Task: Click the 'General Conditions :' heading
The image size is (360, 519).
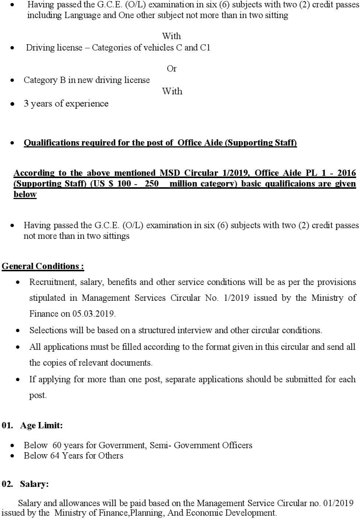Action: coord(43,266)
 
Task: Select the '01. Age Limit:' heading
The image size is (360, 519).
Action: coord(32,425)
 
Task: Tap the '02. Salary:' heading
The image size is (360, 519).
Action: coord(25,484)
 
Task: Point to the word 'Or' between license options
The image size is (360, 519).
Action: coord(172,69)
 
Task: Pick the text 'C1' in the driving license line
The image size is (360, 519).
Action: coord(205,48)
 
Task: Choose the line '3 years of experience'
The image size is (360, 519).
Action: coord(66,104)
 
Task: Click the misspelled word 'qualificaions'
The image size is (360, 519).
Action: coord(291,184)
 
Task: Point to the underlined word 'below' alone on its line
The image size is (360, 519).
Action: coord(25,194)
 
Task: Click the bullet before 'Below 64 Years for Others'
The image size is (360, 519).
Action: coord(13,456)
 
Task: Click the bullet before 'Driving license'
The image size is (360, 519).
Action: coord(13,48)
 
